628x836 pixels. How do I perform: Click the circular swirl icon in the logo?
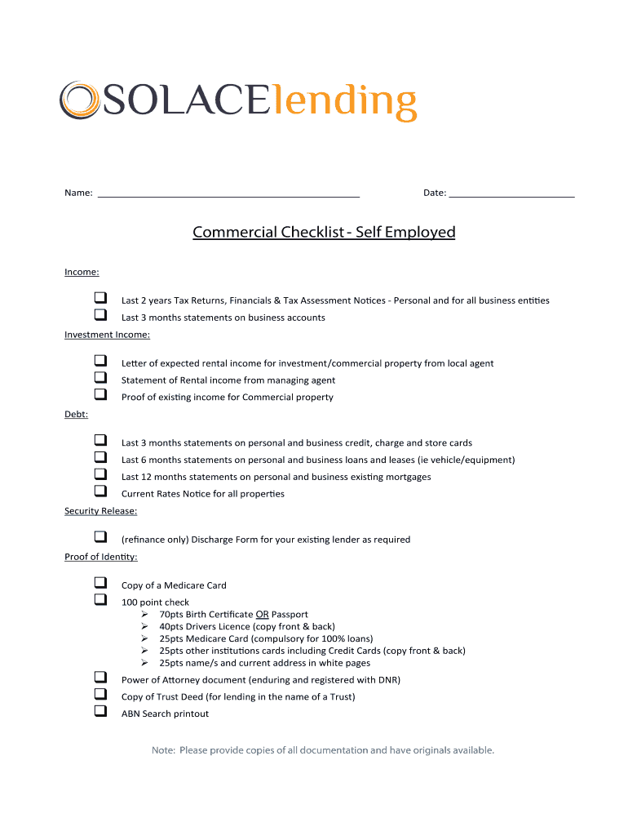coord(79,100)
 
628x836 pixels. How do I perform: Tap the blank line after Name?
coord(228,194)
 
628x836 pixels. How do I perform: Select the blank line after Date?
coord(511,194)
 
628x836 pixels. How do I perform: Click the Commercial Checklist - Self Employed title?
coord(324,233)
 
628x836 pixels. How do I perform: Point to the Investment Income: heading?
coord(107,335)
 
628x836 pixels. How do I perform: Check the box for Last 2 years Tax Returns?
coord(100,298)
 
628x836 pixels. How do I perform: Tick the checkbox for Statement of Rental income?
coord(100,378)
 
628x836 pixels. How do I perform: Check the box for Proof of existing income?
coord(100,395)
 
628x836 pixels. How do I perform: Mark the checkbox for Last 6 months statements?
coord(100,458)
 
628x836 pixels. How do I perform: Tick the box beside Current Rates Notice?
coord(100,491)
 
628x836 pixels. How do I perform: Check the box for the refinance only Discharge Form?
coord(100,537)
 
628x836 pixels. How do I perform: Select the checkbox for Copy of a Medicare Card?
coord(100,583)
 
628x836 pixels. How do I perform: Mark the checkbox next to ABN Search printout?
coord(100,711)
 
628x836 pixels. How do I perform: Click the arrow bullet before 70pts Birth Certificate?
coord(144,614)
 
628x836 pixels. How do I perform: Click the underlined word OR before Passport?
coord(262,614)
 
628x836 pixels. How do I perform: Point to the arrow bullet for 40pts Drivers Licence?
coord(144,626)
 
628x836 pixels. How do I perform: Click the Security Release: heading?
coord(101,511)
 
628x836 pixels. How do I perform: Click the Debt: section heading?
coord(76,415)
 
